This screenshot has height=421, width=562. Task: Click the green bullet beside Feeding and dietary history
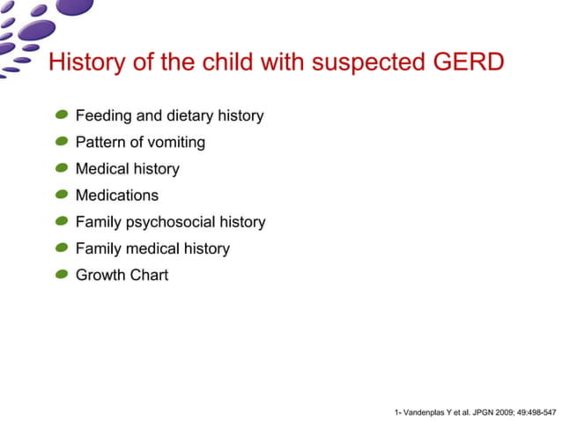(x=62, y=115)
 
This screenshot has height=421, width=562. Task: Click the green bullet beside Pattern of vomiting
(x=62, y=142)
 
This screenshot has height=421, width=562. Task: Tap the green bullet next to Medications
(x=62, y=195)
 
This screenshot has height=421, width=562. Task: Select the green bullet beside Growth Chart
(x=62, y=275)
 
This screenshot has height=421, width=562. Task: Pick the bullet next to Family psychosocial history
(x=62, y=221)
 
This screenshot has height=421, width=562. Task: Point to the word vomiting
(x=175, y=143)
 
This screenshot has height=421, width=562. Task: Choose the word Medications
(x=117, y=196)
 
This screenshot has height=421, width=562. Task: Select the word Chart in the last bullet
(x=149, y=275)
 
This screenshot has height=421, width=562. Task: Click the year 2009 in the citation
(x=503, y=411)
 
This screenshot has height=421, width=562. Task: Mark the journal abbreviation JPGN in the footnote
(x=479, y=411)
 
